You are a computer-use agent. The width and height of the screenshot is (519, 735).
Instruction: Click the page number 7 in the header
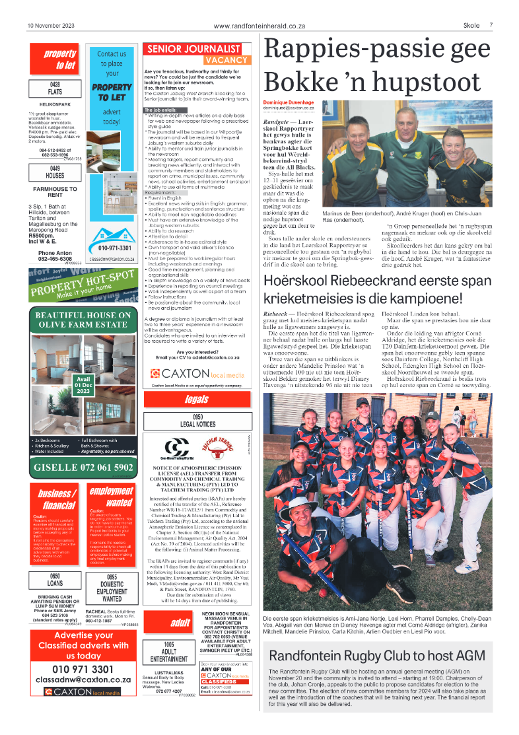coord(491,26)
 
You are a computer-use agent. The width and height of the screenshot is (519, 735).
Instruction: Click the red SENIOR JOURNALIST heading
coord(193,49)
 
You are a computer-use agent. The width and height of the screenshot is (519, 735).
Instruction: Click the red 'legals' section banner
coord(197,400)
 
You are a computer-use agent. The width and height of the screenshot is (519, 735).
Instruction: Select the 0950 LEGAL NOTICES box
coord(197,420)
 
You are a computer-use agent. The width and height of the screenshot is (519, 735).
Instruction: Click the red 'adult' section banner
coord(180,623)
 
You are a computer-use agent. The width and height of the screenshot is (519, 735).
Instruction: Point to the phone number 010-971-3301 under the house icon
coord(114,248)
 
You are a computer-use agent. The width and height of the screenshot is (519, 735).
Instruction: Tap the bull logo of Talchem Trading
coord(214,448)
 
